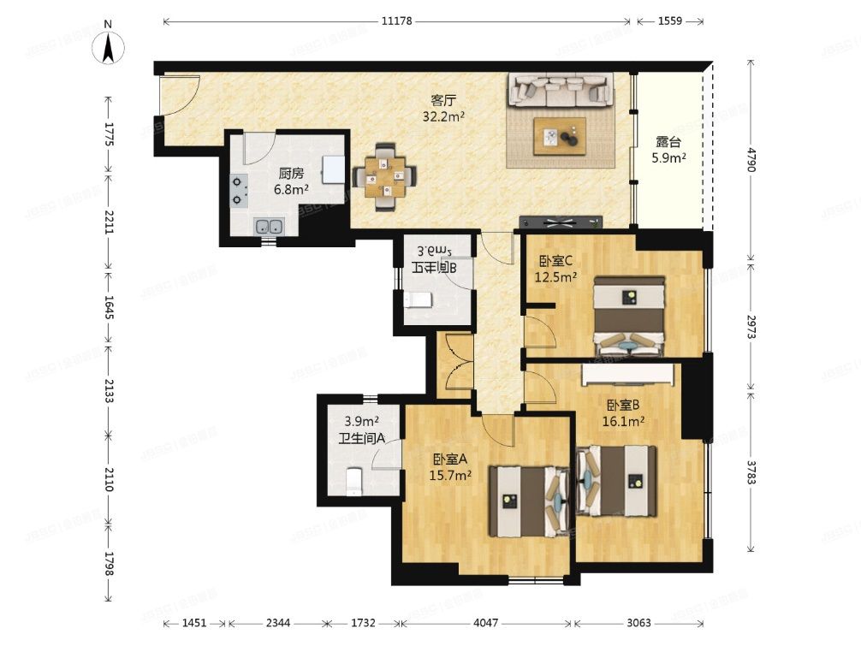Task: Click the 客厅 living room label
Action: click(x=443, y=99)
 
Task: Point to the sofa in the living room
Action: click(x=561, y=89)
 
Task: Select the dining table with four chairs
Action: click(x=386, y=175)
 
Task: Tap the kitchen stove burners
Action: click(x=239, y=190)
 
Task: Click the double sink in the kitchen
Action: click(x=270, y=227)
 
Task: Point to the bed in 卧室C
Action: click(x=630, y=317)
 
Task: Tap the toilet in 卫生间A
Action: click(x=355, y=481)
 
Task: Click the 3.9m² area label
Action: click(x=361, y=421)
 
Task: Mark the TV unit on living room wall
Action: click(x=560, y=222)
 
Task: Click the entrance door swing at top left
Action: click(x=178, y=95)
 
